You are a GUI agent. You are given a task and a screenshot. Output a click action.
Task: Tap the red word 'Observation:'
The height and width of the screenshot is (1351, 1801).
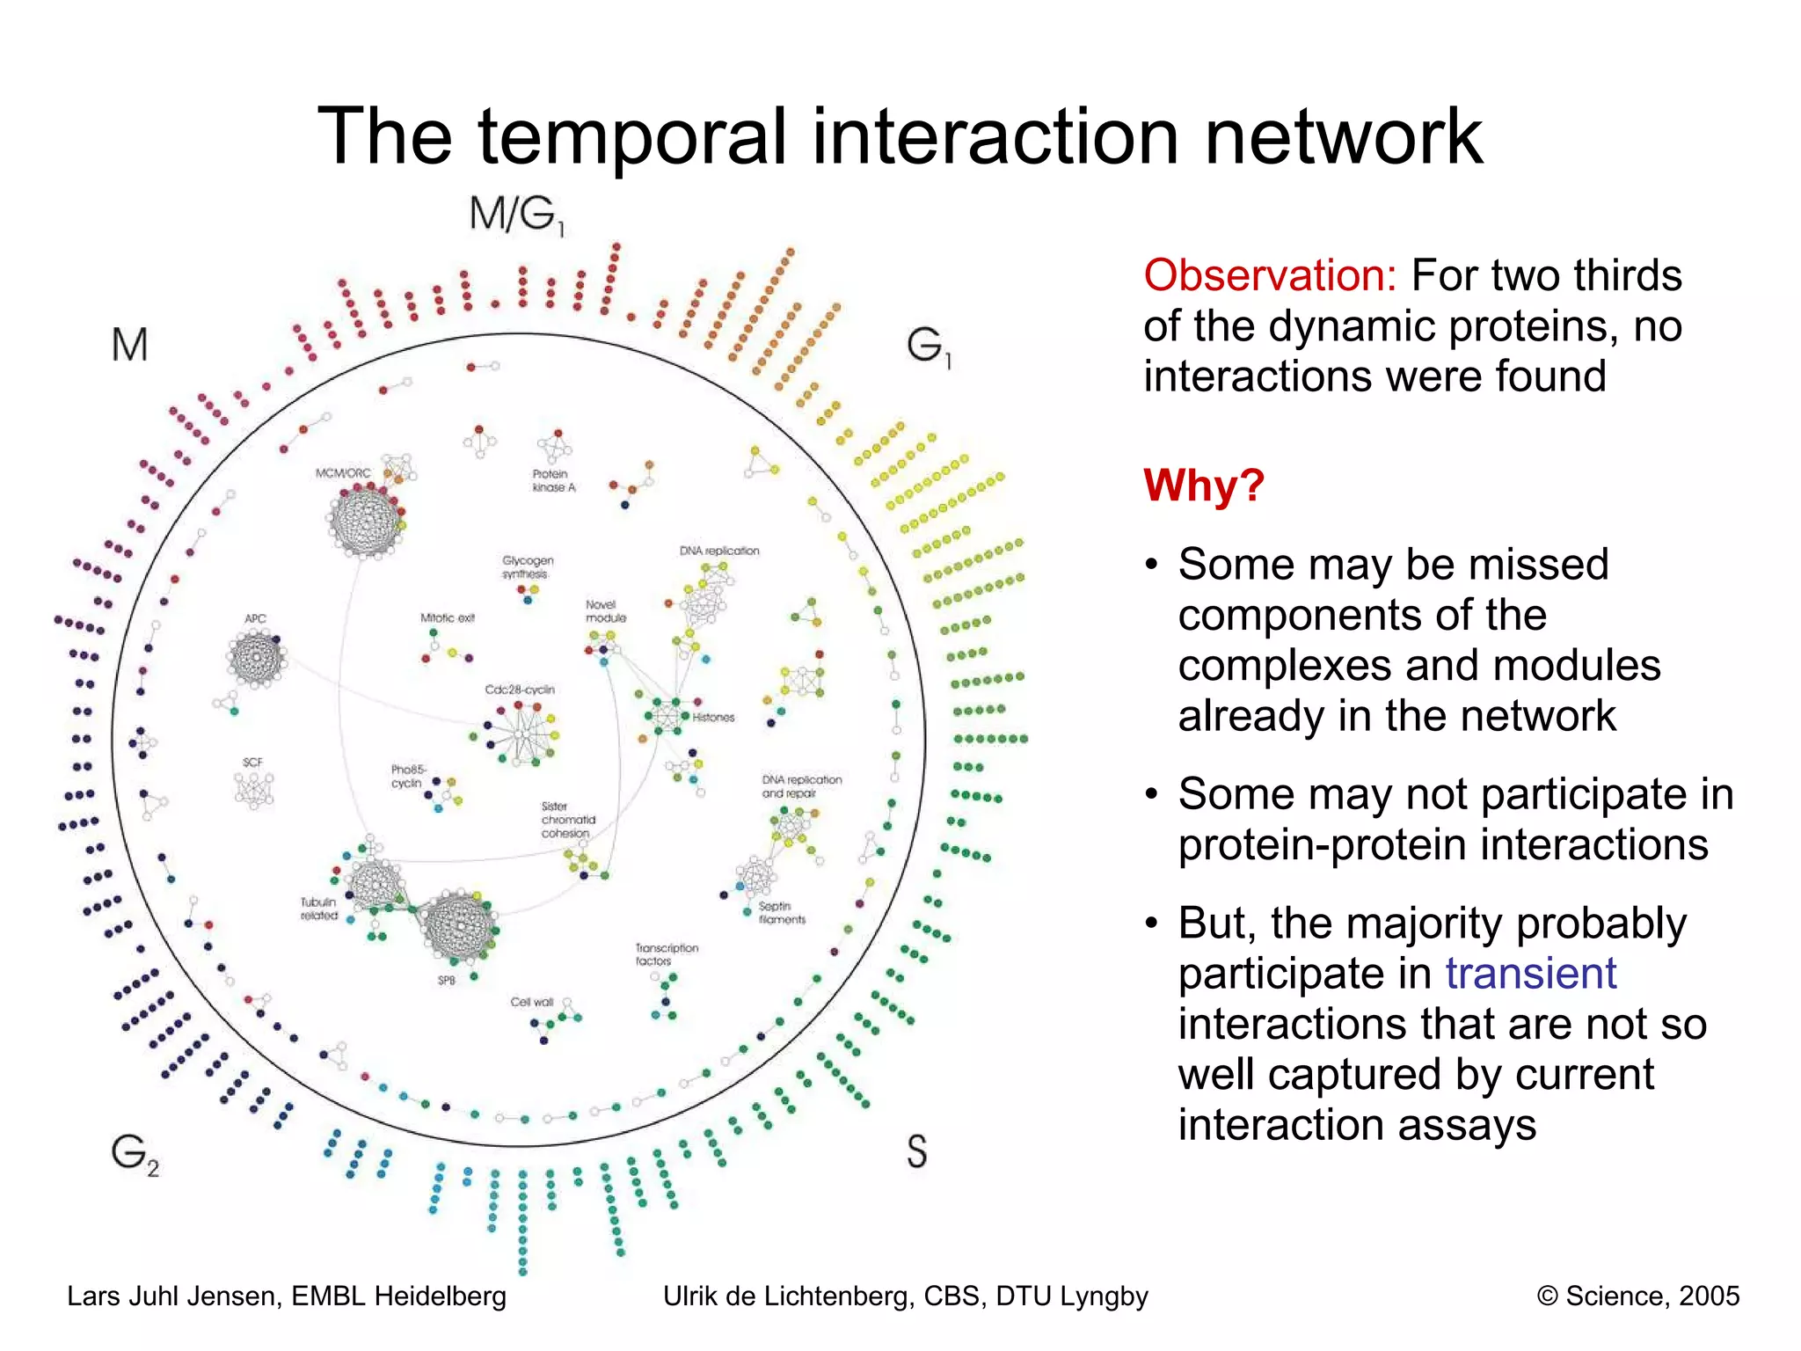pos(1269,275)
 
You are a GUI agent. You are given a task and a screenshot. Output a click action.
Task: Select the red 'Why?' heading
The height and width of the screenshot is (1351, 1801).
pos(1203,485)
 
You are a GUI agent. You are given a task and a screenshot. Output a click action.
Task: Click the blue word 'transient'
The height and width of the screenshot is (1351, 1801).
pos(1530,974)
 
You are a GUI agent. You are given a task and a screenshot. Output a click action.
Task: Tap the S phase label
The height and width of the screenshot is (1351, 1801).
pos(916,1150)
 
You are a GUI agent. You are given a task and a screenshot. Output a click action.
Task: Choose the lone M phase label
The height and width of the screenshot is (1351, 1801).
pos(129,345)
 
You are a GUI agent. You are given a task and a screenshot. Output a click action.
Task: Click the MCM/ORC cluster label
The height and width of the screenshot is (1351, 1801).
pos(343,473)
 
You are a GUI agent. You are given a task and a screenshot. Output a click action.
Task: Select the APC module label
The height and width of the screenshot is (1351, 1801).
pos(255,618)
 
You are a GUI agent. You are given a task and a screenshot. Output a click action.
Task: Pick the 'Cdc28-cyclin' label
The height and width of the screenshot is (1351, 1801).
pos(520,690)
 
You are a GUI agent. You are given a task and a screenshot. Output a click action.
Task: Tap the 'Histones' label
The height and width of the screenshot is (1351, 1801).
pos(713,718)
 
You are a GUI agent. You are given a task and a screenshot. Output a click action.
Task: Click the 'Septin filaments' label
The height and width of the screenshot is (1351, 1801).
pos(782,912)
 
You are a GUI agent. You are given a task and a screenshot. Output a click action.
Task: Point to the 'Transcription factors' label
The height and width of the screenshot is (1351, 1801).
pos(667,954)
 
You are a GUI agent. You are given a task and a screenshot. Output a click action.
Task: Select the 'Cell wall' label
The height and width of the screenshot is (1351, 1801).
pos(532,1002)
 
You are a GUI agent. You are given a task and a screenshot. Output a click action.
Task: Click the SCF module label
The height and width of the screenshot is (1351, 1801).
pos(252,763)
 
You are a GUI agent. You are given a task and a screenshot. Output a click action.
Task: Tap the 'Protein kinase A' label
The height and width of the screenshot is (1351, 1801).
pos(553,480)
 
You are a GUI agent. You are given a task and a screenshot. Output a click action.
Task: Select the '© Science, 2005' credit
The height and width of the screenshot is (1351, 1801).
pos(1637,1296)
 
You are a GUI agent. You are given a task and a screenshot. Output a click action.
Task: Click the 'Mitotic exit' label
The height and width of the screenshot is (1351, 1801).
pos(447,617)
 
